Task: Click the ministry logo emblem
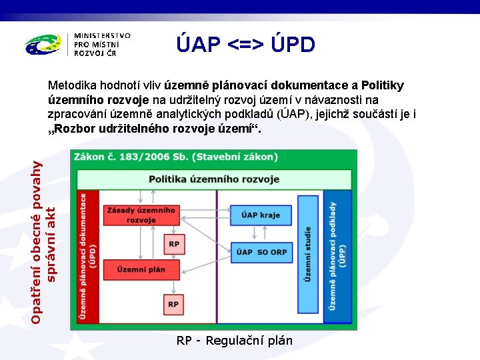tap(44, 45)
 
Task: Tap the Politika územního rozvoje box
tap(214, 179)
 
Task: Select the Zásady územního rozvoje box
tap(140, 215)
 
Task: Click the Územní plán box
tap(141, 269)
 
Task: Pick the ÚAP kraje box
tap(260, 215)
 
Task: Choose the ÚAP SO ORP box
tap(261, 251)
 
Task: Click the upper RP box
tap(173, 245)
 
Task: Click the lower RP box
tap(173, 304)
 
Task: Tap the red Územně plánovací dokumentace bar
tap(87, 257)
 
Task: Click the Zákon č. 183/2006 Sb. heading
tap(166, 157)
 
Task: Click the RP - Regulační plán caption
tap(234, 341)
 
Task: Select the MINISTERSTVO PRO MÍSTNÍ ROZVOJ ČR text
tap(102, 44)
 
